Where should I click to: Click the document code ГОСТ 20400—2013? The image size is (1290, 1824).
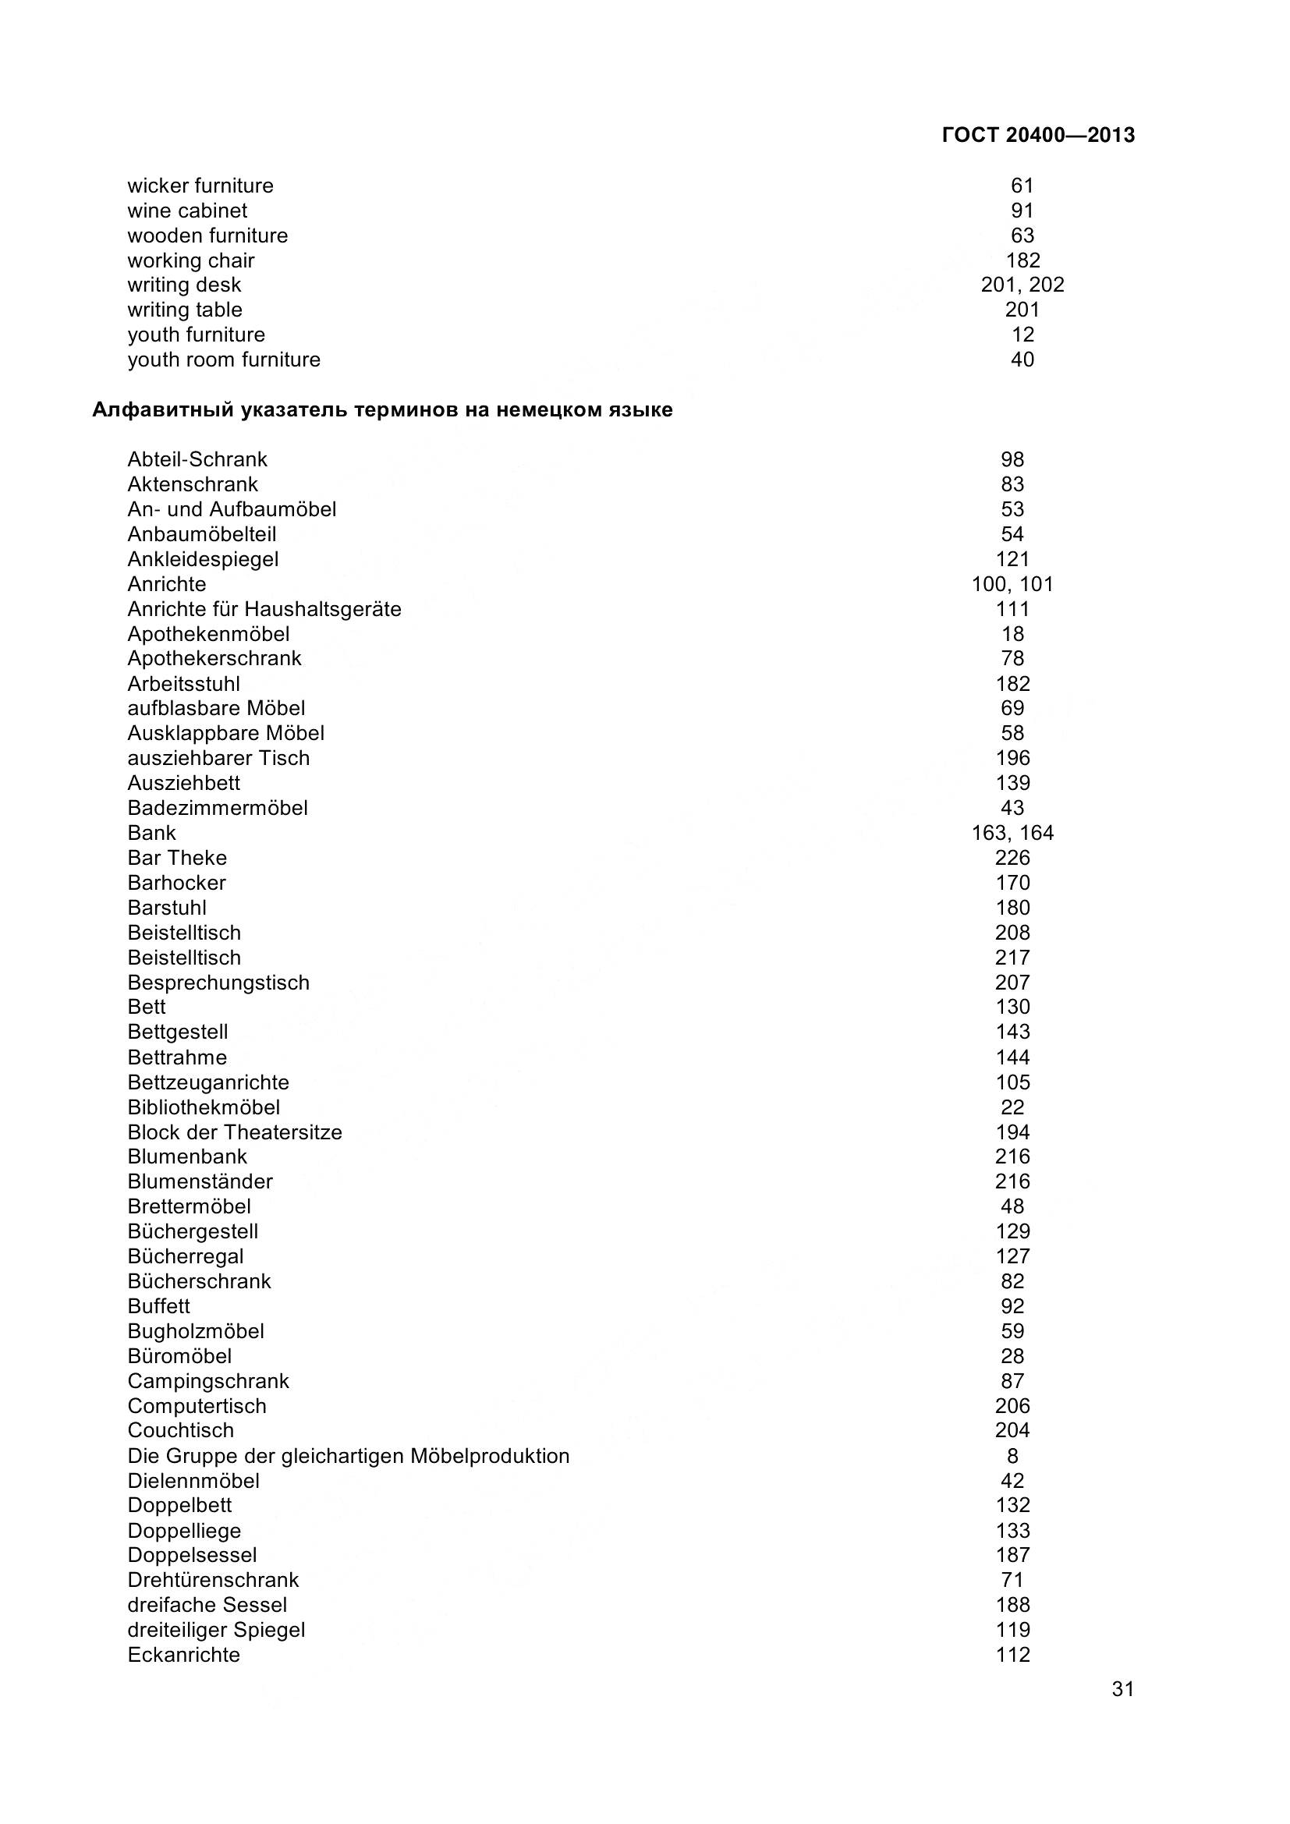click(x=1037, y=135)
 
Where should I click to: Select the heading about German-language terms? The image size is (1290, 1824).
click(x=382, y=410)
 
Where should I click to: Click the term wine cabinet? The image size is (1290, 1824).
click(x=187, y=211)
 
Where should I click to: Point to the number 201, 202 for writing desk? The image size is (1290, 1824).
click(x=1022, y=285)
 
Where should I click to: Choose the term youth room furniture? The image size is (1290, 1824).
click(x=224, y=359)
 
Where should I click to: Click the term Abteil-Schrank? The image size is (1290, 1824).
click(x=198, y=459)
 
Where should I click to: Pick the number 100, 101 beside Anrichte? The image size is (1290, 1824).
click(x=1012, y=584)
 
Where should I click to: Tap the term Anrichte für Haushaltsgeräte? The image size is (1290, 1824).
click(x=264, y=609)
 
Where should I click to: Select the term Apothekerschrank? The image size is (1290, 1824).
click(x=214, y=659)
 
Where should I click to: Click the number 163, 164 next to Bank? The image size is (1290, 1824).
click(x=1012, y=833)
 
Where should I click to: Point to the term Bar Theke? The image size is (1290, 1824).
click(x=177, y=858)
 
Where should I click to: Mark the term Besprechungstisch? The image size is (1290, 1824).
click(x=218, y=983)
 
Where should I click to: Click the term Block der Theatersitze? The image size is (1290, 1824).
click(x=235, y=1132)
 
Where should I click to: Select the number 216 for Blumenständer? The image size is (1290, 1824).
click(x=1012, y=1181)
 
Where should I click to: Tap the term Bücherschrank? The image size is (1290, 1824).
click(x=200, y=1281)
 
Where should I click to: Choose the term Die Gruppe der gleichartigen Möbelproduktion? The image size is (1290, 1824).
click(x=349, y=1456)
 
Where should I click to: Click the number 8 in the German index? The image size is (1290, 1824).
click(x=1012, y=1456)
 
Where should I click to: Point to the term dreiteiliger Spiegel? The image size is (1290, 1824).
click(x=216, y=1630)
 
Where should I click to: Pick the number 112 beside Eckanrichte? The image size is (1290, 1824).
click(x=1012, y=1655)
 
